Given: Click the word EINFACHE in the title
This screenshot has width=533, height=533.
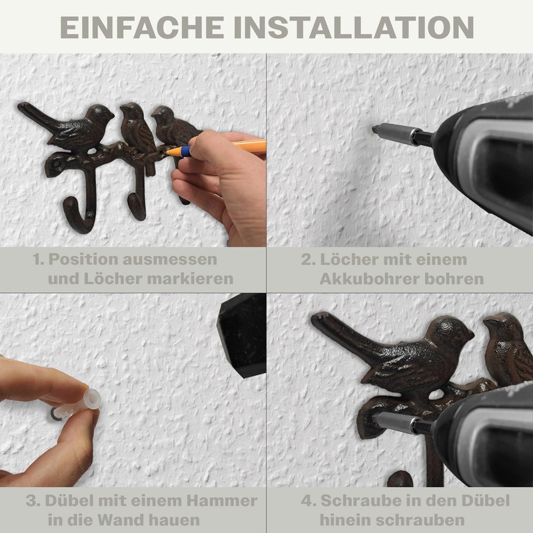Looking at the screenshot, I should (x=142, y=27).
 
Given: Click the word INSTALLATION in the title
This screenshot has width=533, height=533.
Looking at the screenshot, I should (x=355, y=27).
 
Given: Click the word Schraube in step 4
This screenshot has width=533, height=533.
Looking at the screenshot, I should (x=358, y=501).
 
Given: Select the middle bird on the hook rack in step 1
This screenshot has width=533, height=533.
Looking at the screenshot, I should (x=137, y=127).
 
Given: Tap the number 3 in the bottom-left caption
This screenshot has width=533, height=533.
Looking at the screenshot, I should (x=32, y=501).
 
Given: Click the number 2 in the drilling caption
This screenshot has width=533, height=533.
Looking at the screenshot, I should (x=306, y=259).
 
